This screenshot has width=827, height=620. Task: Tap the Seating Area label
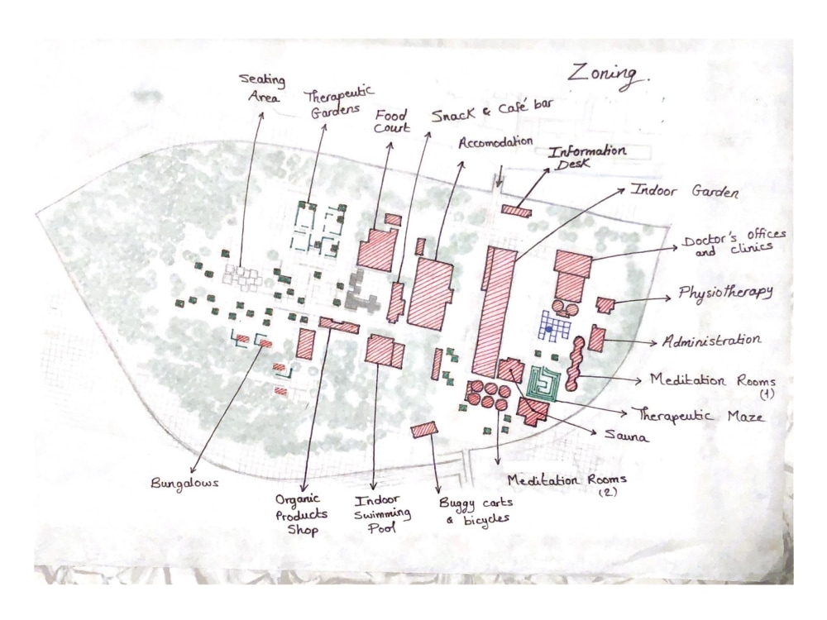click(x=262, y=88)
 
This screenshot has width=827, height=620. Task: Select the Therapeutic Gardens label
click(x=337, y=103)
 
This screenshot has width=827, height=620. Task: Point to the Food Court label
click(x=391, y=122)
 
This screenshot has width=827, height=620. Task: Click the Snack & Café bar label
click(x=492, y=109)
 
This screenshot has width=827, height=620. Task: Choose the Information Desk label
click(x=586, y=156)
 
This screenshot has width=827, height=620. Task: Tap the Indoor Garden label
click(x=685, y=190)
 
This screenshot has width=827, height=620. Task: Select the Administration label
click(x=711, y=341)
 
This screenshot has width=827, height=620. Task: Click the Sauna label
click(x=626, y=436)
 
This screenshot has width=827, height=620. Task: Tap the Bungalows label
click(x=184, y=484)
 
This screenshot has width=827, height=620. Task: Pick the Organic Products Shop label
click(x=301, y=514)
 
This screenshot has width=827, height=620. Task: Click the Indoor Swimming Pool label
click(x=382, y=514)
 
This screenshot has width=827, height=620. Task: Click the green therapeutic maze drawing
click(x=544, y=384)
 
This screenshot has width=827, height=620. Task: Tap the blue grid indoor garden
click(x=555, y=326)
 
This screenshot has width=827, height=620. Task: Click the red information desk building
click(x=516, y=210)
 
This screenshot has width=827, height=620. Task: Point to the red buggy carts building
click(x=424, y=429)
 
